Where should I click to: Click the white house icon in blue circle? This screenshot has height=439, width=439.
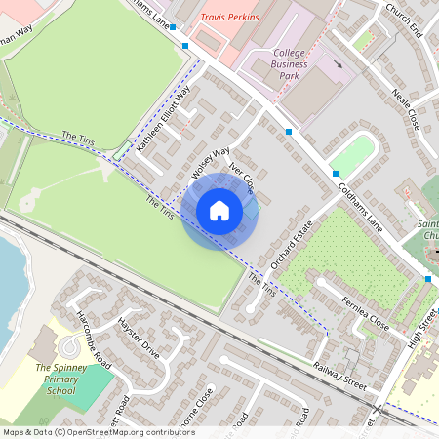(219, 211)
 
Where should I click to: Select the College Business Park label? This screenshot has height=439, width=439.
(290, 64)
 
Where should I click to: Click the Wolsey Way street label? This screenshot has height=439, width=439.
(210, 163)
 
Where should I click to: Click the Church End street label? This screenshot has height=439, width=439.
(403, 20)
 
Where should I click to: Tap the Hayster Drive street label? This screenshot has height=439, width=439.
(138, 337)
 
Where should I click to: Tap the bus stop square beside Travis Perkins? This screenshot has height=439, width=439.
(184, 45)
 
